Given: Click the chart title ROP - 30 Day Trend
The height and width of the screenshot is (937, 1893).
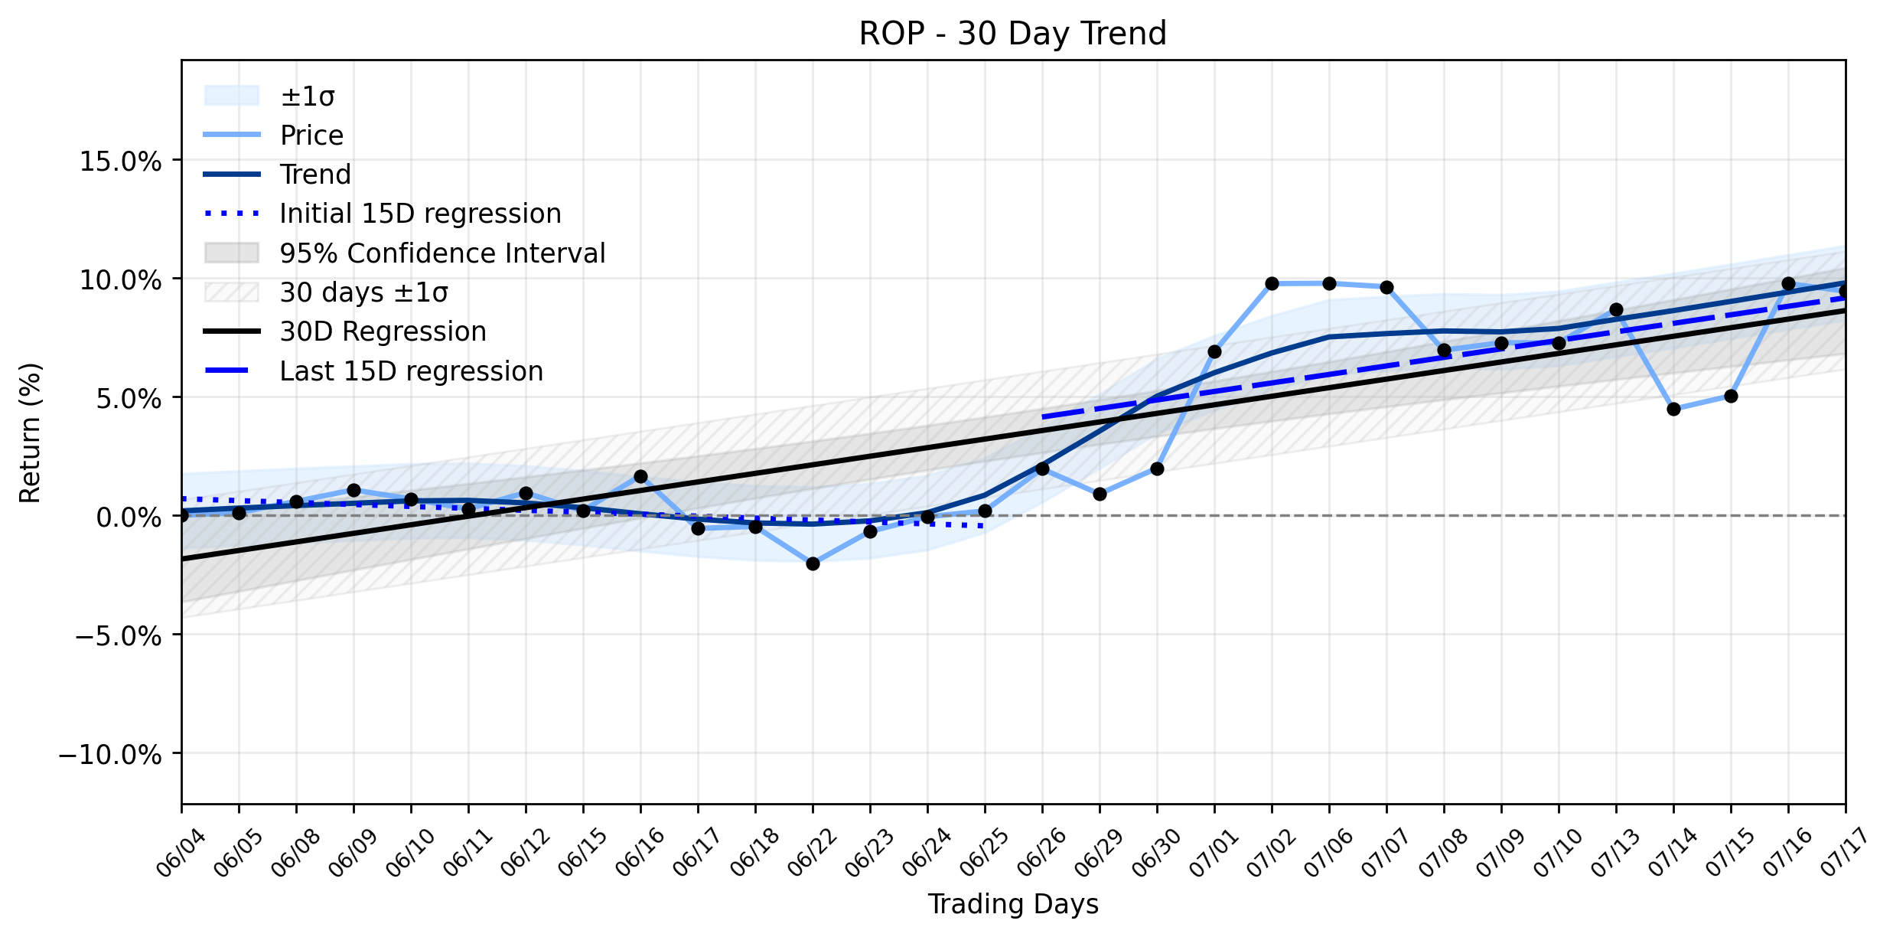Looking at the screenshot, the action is (x=1012, y=34).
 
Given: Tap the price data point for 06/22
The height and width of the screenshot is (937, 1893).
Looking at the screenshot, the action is (x=813, y=564).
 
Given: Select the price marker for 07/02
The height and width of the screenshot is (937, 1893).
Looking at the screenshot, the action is (x=1272, y=284).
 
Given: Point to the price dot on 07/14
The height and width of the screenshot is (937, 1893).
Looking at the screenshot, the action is (x=1673, y=410).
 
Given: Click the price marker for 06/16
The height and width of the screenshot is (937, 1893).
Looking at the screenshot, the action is (x=640, y=477).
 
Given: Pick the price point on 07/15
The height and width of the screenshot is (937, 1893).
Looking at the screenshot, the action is (x=1731, y=397).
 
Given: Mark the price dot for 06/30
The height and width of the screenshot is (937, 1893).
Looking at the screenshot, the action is (x=1157, y=468).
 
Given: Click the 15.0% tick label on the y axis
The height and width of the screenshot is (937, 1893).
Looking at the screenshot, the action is (x=121, y=162).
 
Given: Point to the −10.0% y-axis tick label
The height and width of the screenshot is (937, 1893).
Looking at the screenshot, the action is (x=111, y=755).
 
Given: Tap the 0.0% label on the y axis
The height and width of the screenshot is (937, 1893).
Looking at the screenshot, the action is (x=129, y=517).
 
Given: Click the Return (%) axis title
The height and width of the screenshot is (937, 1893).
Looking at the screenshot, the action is (x=30, y=433).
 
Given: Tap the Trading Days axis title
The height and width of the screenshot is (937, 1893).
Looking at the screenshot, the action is (x=1013, y=904).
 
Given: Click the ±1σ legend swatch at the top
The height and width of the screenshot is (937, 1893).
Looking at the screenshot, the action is (x=232, y=96).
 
